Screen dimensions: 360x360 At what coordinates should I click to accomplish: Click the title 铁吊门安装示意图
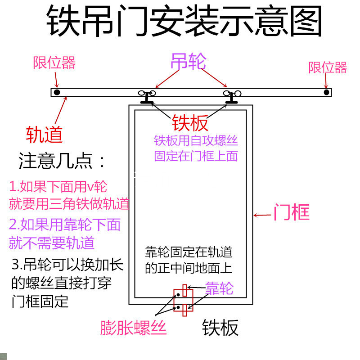[x=184, y=22]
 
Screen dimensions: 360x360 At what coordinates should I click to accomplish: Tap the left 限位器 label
[x=54, y=63]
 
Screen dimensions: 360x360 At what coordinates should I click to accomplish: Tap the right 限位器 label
[x=328, y=67]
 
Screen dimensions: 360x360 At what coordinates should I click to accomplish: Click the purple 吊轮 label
[x=188, y=62]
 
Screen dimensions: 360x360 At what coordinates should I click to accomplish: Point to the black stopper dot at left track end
[x=57, y=92]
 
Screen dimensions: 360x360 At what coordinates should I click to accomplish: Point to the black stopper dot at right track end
[x=326, y=92]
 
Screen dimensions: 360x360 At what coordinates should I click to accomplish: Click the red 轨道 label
[x=44, y=134]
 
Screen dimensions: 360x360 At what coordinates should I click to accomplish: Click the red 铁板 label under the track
[x=190, y=123]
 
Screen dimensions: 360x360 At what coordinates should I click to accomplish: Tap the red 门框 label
[x=292, y=212]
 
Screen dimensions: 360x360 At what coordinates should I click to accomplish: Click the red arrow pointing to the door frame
[x=262, y=215]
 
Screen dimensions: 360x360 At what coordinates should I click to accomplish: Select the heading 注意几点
[x=62, y=161]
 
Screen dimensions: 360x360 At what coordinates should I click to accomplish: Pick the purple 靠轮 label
[x=219, y=288]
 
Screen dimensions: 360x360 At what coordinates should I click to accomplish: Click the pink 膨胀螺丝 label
[x=134, y=328]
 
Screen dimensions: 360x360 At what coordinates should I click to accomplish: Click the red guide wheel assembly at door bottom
[x=184, y=300]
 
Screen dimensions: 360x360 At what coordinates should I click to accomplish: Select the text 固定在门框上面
[x=196, y=156]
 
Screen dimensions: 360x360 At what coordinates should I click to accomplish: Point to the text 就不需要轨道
[x=52, y=243]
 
